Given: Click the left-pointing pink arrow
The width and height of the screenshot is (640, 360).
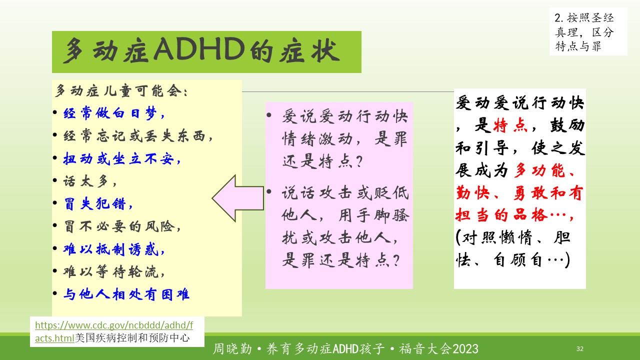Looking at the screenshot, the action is (237, 198).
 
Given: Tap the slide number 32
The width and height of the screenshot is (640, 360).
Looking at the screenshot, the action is (580, 348).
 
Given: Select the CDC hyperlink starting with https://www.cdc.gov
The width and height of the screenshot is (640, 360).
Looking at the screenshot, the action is (114, 331).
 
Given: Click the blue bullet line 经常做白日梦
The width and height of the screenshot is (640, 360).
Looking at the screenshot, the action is (114, 113).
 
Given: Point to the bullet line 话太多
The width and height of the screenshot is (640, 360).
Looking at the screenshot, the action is (89, 181).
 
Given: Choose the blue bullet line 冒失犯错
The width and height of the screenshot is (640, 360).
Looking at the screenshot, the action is (98, 203).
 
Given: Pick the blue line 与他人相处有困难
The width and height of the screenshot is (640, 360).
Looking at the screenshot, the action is (126, 294).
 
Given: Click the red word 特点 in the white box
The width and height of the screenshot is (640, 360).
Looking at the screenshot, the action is (510, 125).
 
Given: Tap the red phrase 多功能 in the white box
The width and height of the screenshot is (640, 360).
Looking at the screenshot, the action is (539, 170).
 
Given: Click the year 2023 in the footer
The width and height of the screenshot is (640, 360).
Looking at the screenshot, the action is (465, 349).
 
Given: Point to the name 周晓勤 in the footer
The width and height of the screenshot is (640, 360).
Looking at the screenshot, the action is (232, 349).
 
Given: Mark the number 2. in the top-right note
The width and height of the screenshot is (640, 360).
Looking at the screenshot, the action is (559, 18).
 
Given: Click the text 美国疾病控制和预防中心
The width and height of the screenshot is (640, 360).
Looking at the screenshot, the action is (132, 338).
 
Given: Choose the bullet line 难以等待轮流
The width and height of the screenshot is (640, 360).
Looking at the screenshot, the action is (114, 271).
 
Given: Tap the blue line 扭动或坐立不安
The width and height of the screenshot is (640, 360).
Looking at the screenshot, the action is (122, 158).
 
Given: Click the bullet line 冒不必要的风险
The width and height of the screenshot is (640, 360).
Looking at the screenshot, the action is (122, 226).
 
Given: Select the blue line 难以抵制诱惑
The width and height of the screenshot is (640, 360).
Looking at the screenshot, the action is (114, 249).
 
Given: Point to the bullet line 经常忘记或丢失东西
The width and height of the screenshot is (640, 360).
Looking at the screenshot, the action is (138, 135).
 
